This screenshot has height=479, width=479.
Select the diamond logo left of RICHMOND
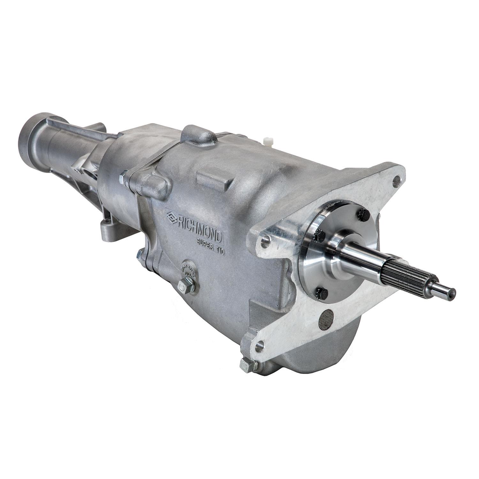(172, 217)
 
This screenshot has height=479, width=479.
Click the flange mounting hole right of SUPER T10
(264, 242)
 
